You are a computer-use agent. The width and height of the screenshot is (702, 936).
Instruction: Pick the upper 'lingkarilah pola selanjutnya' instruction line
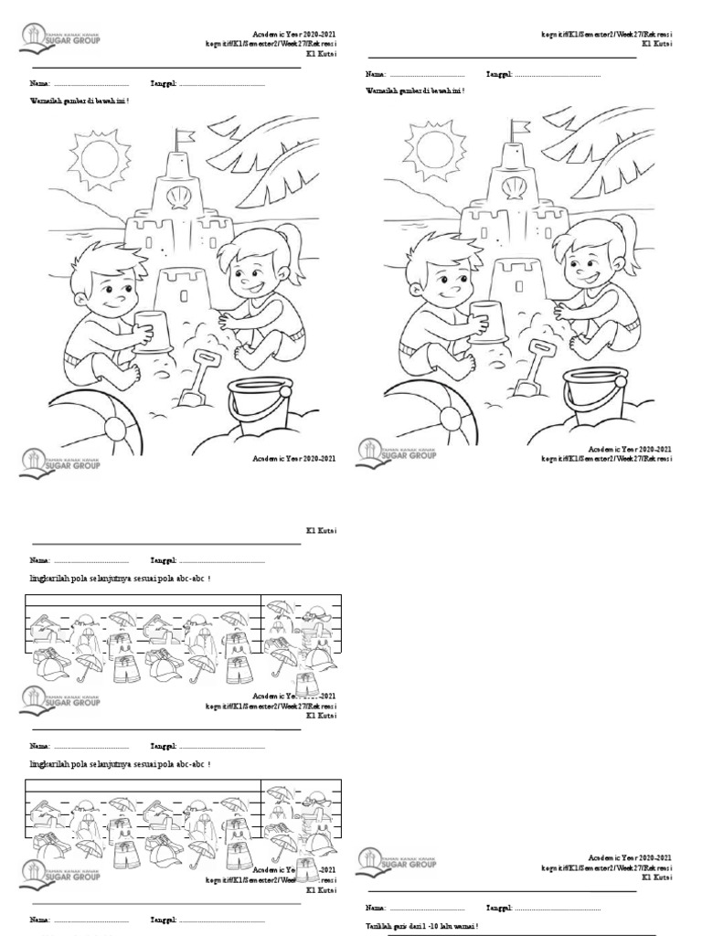pos(120,579)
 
